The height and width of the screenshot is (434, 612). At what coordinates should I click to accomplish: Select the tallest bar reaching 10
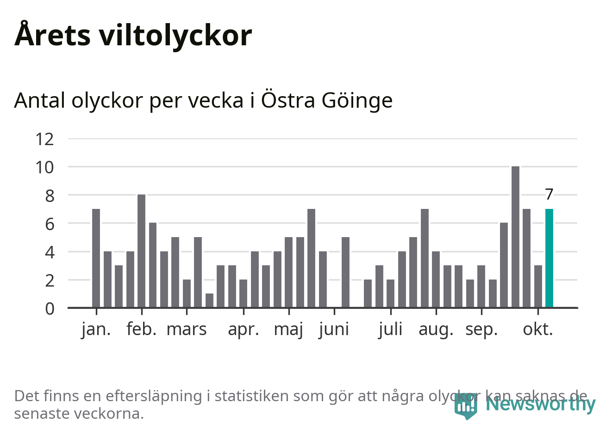515,237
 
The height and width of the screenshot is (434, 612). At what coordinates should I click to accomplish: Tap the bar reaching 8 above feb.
141,251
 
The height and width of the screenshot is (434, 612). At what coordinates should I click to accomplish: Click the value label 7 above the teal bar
549,195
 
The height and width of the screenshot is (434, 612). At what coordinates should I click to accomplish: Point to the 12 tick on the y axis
45,139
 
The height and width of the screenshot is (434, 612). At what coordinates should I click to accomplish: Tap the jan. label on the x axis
96,330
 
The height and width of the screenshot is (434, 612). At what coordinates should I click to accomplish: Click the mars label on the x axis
186,330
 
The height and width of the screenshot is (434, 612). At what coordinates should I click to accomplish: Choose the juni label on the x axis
334,330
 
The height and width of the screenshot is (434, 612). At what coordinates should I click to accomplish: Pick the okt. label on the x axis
538,330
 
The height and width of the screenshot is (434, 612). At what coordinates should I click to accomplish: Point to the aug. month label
436,330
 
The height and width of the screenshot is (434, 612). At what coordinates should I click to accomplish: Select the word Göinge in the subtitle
357,101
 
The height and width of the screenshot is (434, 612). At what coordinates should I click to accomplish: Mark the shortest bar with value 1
209,300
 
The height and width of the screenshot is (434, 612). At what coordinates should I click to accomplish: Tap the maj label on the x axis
288,330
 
